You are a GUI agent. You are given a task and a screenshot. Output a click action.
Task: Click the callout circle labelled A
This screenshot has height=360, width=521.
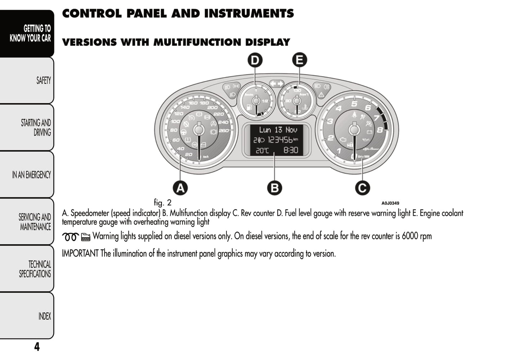coord(180,188)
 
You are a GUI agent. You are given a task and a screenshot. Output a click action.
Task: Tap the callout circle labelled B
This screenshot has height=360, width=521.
coord(274,188)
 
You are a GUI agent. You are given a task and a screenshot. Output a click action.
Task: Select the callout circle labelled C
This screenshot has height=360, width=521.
coord(362,188)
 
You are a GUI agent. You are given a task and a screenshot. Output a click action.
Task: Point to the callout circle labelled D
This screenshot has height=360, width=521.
coord(255,60)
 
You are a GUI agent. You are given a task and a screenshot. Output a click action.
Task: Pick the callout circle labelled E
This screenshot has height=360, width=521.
coord(299,60)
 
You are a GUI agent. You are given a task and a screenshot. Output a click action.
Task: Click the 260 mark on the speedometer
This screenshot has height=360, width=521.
coord(224,130)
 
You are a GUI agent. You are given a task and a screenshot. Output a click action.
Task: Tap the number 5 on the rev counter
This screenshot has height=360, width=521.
coord(354,104)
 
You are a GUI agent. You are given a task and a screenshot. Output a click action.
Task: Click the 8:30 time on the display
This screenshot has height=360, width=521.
coord(291,150)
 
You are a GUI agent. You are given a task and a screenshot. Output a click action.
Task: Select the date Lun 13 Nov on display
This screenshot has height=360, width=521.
coord(278,130)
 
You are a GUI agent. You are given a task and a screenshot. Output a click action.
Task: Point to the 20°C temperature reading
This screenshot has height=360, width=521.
coord(262,150)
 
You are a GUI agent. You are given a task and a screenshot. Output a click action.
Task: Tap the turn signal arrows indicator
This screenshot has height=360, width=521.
coord(277,84)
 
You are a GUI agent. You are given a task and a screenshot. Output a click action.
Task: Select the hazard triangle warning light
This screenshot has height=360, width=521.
coord(321,95)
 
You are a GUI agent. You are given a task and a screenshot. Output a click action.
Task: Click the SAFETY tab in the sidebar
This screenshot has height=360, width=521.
coord(43,80)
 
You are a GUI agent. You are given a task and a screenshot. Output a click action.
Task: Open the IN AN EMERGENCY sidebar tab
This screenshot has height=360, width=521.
coord(31,175)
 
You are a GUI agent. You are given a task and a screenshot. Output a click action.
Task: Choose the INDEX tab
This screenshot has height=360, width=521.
coord(45,316)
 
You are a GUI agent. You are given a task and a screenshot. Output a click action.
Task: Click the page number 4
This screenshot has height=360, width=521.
coord(37,347)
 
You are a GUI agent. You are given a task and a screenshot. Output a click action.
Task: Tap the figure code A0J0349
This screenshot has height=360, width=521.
coord(390,203)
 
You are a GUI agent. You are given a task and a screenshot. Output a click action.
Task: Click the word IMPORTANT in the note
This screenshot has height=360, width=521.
coord(80,254)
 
